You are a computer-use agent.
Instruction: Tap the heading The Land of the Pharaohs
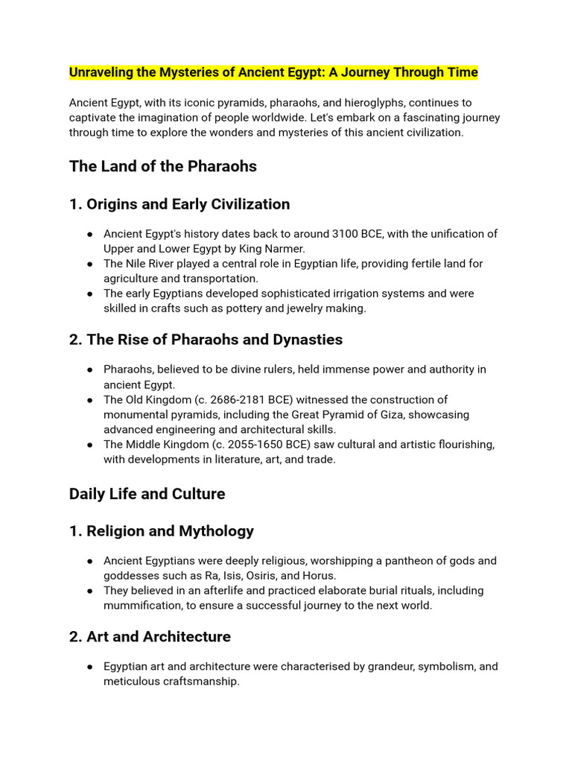pyautogui.click(x=162, y=166)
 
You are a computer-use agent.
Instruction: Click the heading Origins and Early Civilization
pyautogui.click(x=188, y=204)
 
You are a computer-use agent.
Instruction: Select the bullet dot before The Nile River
pyautogui.click(x=89, y=264)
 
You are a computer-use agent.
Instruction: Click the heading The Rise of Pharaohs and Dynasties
pyautogui.click(x=214, y=340)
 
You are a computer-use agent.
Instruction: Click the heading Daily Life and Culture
pyautogui.click(x=147, y=494)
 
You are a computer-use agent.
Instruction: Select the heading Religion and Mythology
pyautogui.click(x=170, y=531)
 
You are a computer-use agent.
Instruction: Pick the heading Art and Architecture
pyautogui.click(x=158, y=637)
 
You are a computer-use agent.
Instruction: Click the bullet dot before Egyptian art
pyautogui.click(x=89, y=667)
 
